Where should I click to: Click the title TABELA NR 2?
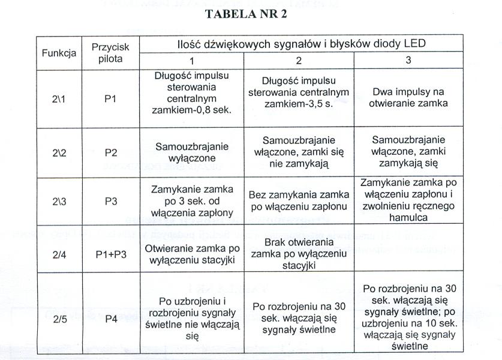246,15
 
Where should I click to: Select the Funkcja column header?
59,53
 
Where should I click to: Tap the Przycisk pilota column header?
110,53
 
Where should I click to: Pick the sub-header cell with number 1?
192,61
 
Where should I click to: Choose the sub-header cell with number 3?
408,61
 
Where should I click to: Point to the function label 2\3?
59,202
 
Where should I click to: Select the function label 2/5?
59,319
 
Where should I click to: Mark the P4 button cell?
110,319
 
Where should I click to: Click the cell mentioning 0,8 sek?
192,94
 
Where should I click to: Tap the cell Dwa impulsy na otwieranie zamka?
408,98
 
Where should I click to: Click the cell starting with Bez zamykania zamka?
299,201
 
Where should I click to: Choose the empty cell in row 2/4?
408,250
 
